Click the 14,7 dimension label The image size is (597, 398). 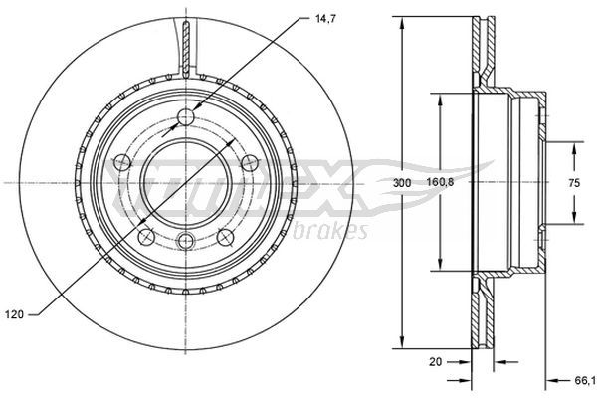point(325,19)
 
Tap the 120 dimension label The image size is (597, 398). point(15,314)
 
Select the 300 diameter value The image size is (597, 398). point(402,183)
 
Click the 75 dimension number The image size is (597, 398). point(574,183)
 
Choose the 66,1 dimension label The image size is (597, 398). point(585,381)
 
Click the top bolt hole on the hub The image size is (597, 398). point(186,116)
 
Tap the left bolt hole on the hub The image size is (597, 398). point(122,162)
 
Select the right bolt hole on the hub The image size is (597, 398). point(250,162)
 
